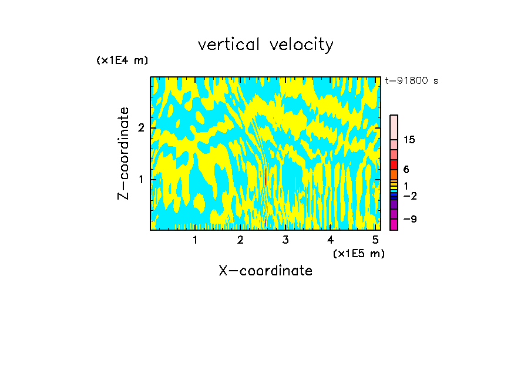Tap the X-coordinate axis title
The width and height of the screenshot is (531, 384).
(265, 271)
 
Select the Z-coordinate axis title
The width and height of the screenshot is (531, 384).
(123, 153)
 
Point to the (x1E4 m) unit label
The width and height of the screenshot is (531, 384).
(122, 60)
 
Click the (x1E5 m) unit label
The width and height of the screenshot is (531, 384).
(358, 253)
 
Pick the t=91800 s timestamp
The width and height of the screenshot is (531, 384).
(411, 81)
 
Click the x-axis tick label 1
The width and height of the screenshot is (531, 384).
(195, 240)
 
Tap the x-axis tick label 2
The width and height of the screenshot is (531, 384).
(240, 240)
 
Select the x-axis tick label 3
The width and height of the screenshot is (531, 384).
(285, 240)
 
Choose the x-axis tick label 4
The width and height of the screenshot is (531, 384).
(330, 240)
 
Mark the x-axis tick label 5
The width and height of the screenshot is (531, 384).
(375, 240)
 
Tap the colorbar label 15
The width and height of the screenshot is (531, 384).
(409, 140)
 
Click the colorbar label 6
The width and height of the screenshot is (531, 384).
(406, 169)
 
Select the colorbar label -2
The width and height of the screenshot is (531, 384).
(409, 196)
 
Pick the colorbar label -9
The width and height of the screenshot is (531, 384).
(409, 219)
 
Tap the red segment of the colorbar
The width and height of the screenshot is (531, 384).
(394, 164)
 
